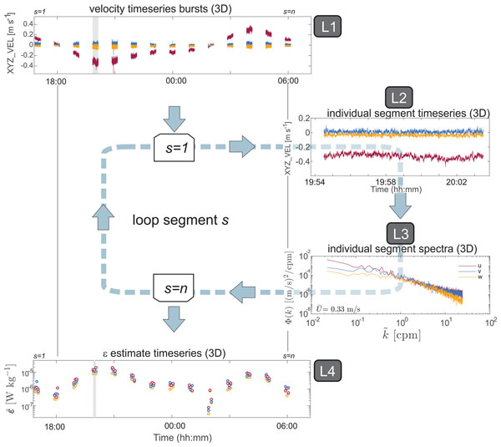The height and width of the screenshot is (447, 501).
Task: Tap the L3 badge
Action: point(397,231)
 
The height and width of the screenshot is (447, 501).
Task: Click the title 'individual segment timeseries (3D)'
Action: point(397,112)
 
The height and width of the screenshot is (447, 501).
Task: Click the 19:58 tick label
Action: point(387,181)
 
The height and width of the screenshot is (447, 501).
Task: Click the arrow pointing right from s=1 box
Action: point(240,147)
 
